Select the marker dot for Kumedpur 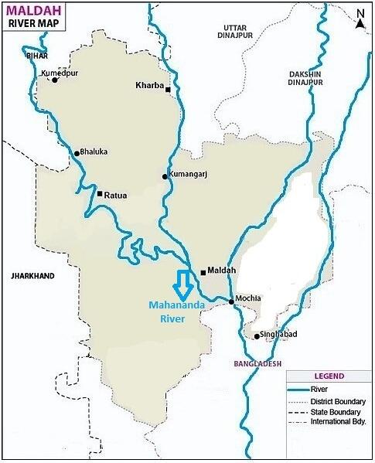coord(54,80)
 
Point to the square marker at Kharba coord(168,90)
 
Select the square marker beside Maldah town coord(203,272)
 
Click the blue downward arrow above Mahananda coord(183,285)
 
